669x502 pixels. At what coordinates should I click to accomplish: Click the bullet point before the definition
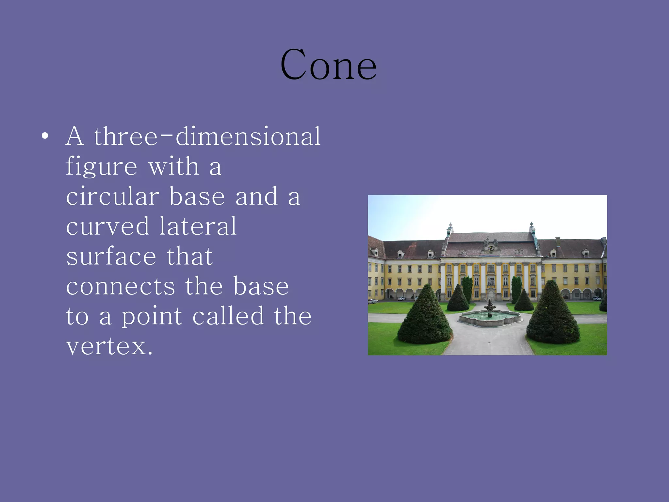click(45, 136)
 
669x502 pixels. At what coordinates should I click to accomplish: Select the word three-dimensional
click(207, 136)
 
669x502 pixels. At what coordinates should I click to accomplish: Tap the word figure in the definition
click(101, 167)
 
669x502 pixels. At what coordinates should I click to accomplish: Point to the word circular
click(113, 197)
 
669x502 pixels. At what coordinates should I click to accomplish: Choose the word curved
click(107, 226)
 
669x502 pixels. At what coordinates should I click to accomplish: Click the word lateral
click(198, 226)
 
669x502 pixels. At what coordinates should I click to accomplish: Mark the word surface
click(111, 256)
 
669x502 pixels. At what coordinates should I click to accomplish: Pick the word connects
click(121, 286)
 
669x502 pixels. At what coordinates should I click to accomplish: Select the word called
click(228, 316)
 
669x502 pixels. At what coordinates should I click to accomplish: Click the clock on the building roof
click(490, 248)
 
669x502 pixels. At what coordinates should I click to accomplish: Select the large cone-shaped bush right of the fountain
click(553, 314)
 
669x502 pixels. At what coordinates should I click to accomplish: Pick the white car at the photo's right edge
click(596, 298)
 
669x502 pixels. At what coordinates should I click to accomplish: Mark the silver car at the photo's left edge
click(373, 301)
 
